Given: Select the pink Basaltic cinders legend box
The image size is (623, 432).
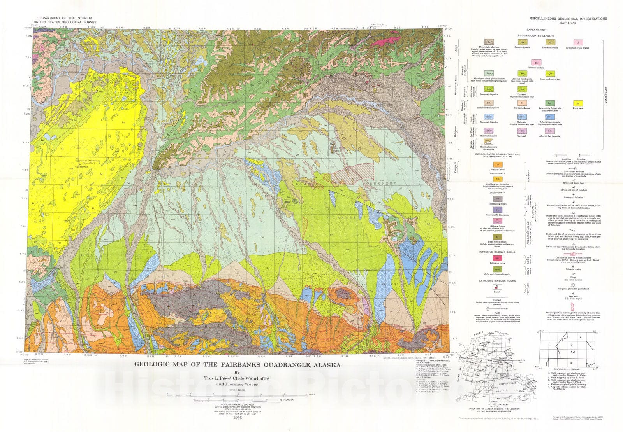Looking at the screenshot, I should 537,62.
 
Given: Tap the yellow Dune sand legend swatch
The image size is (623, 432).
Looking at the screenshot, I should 578,103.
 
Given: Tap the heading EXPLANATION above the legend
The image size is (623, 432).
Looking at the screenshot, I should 536,30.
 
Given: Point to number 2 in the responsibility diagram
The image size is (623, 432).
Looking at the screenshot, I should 580,337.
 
